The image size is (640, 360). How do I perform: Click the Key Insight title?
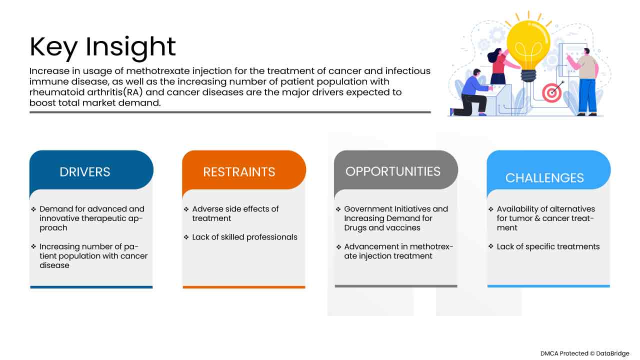pyautogui.click(x=102, y=47)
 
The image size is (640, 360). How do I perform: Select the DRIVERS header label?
pyautogui.click(x=85, y=172)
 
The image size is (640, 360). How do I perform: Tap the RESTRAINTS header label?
pyautogui.click(x=239, y=172)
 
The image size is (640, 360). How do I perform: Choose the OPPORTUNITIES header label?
pyautogui.click(x=393, y=171)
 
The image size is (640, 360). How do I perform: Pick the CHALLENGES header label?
pyautogui.click(x=544, y=177)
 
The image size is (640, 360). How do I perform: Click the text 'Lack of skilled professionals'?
pyautogui.click(x=244, y=237)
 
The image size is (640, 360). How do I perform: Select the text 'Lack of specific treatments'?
pyautogui.click(x=548, y=246)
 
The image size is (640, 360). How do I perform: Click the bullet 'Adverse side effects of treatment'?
pyautogui.click(x=235, y=213)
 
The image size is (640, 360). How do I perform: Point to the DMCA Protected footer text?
pyautogui.click(x=584, y=353)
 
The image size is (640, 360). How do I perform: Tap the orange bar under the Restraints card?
pyautogui.click(x=244, y=287)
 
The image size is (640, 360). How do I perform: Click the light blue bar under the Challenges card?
pyautogui.click(x=548, y=286)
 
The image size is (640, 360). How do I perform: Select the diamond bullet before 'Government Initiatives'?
pyautogui.click(x=338, y=209)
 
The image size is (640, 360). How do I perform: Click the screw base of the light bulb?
pyautogui.click(x=528, y=75)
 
